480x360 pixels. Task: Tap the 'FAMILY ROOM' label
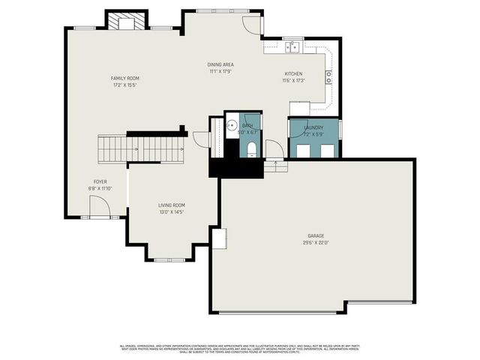[x=125, y=79]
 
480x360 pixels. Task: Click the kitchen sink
[x=292, y=47]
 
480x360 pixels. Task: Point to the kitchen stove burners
[x=328, y=76]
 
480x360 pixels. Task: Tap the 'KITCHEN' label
[x=292, y=73]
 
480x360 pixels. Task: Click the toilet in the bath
[x=250, y=147]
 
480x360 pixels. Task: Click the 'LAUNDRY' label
[x=313, y=128]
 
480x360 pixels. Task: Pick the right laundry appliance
[x=327, y=151]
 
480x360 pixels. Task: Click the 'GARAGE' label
[x=316, y=235]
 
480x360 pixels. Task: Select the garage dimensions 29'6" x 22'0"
[x=316, y=242]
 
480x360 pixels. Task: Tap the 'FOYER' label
[x=100, y=181]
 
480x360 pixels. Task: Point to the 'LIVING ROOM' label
[x=171, y=205]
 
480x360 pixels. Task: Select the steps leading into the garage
[x=275, y=166]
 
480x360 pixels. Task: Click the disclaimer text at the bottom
[x=240, y=348]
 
